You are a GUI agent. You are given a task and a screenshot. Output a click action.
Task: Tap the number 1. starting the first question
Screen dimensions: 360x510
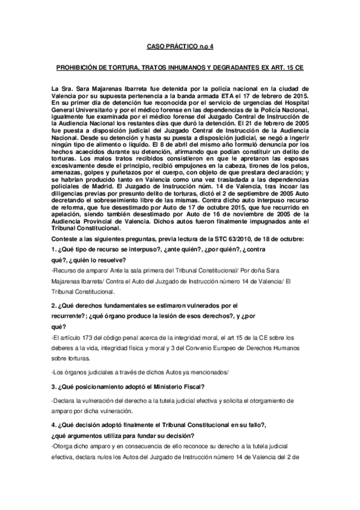[x=55, y=249]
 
